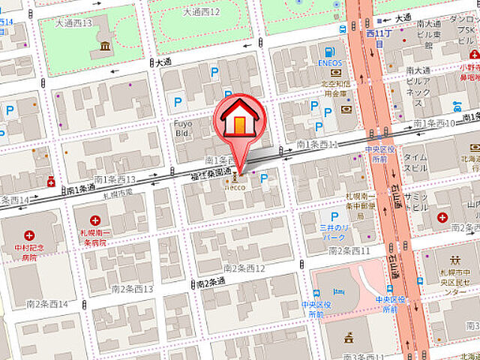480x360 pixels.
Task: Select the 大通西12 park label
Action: [201, 13]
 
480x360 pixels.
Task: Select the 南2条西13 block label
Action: [132, 289]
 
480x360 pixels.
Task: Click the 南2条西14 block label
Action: [46, 304]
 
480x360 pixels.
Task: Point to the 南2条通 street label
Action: [211, 282]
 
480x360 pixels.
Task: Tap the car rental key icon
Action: [457, 104]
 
